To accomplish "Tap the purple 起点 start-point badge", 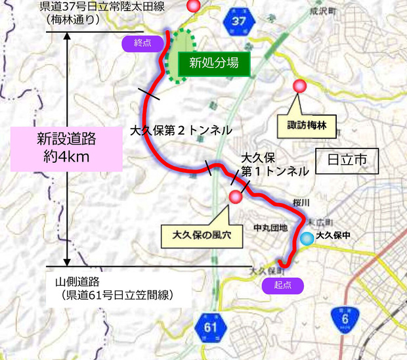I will click(x=283, y=285).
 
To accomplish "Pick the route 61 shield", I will click(x=209, y=326).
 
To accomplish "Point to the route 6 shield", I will click(x=345, y=317).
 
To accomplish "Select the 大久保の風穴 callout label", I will click(x=203, y=233).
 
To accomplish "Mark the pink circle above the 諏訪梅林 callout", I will click(x=300, y=85).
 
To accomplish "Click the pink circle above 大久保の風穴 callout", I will click(x=235, y=196).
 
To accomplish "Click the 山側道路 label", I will click(x=77, y=282).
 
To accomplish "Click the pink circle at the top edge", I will click(x=193, y=6).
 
